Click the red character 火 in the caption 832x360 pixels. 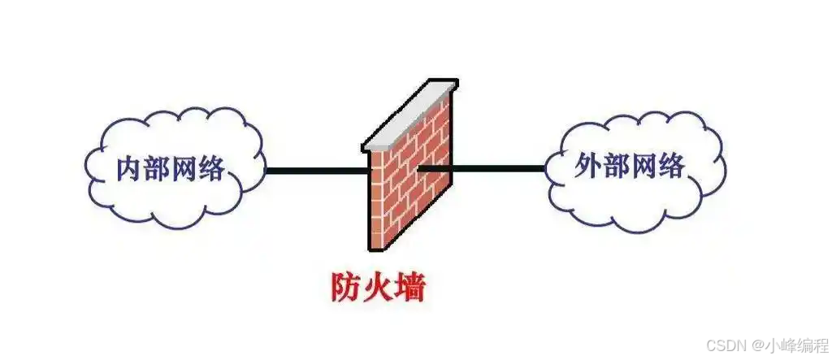point(378,288)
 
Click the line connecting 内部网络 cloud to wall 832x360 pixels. point(317,171)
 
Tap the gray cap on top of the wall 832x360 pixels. point(409,115)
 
